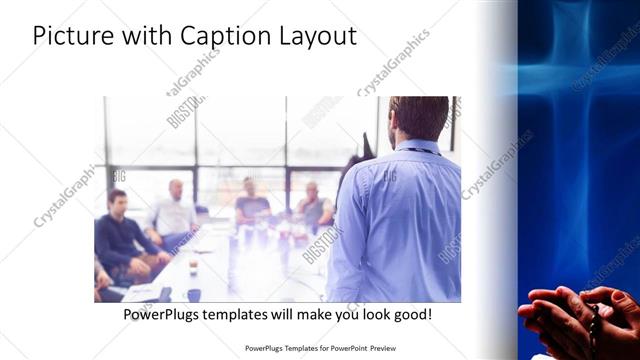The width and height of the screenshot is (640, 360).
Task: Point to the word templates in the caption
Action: pyautogui.click(x=254, y=314)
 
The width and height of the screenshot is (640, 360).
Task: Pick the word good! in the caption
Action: pyautogui.click(x=411, y=314)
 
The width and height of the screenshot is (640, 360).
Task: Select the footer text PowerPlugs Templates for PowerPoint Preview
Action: pyautogui.click(x=319, y=348)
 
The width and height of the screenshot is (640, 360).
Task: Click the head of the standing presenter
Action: pyautogui.click(x=418, y=117)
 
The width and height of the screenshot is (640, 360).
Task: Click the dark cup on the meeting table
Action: pyautogui.click(x=193, y=293)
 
